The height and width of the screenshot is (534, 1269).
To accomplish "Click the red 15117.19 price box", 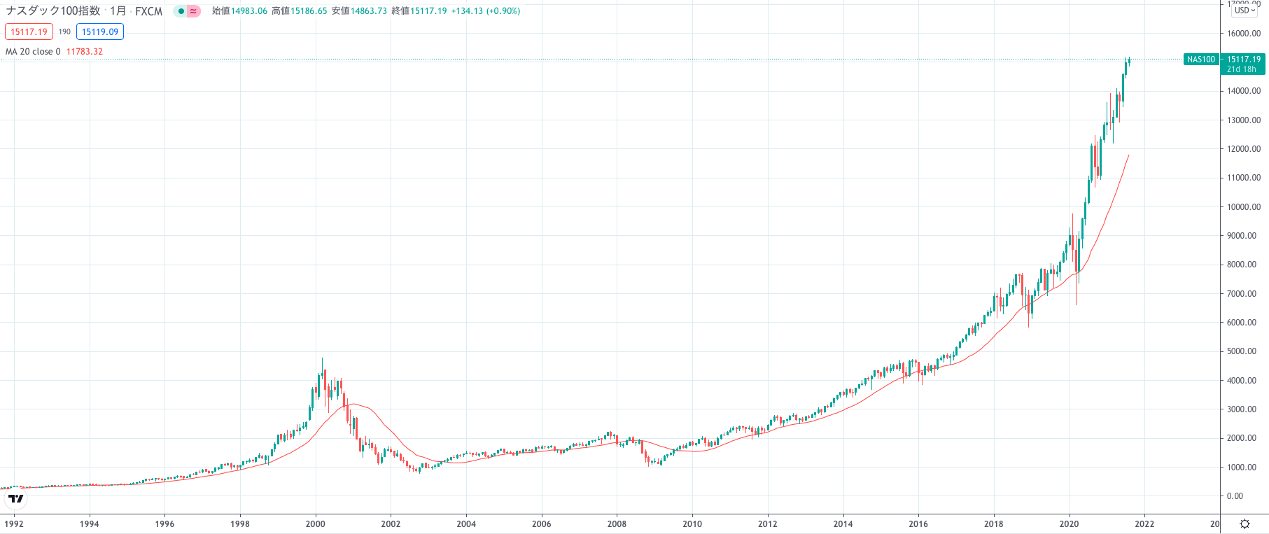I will (x=29, y=32).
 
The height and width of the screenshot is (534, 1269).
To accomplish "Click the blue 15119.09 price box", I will (x=100, y=32).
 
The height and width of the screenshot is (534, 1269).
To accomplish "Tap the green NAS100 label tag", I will (x=1201, y=59).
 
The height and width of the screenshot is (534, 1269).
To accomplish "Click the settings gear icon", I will (x=1245, y=524).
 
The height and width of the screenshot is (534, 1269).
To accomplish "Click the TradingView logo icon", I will (x=15, y=499).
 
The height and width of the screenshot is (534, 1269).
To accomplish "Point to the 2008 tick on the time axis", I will (x=617, y=524).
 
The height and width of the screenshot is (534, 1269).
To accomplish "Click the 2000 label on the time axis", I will (x=315, y=524).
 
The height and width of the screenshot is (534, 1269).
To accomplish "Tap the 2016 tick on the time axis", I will (x=918, y=524).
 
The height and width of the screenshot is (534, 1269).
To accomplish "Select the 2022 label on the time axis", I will (x=1144, y=524).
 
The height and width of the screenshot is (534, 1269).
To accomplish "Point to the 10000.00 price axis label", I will (x=1243, y=207).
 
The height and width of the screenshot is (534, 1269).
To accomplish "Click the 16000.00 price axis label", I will (x=1243, y=34).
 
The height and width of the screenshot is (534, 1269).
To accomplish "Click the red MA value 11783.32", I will (x=85, y=52).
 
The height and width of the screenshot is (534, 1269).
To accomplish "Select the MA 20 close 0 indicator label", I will (x=33, y=52).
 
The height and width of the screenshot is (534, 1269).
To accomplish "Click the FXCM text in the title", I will (x=148, y=11).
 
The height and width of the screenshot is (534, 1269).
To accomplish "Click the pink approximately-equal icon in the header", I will (x=193, y=11).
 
